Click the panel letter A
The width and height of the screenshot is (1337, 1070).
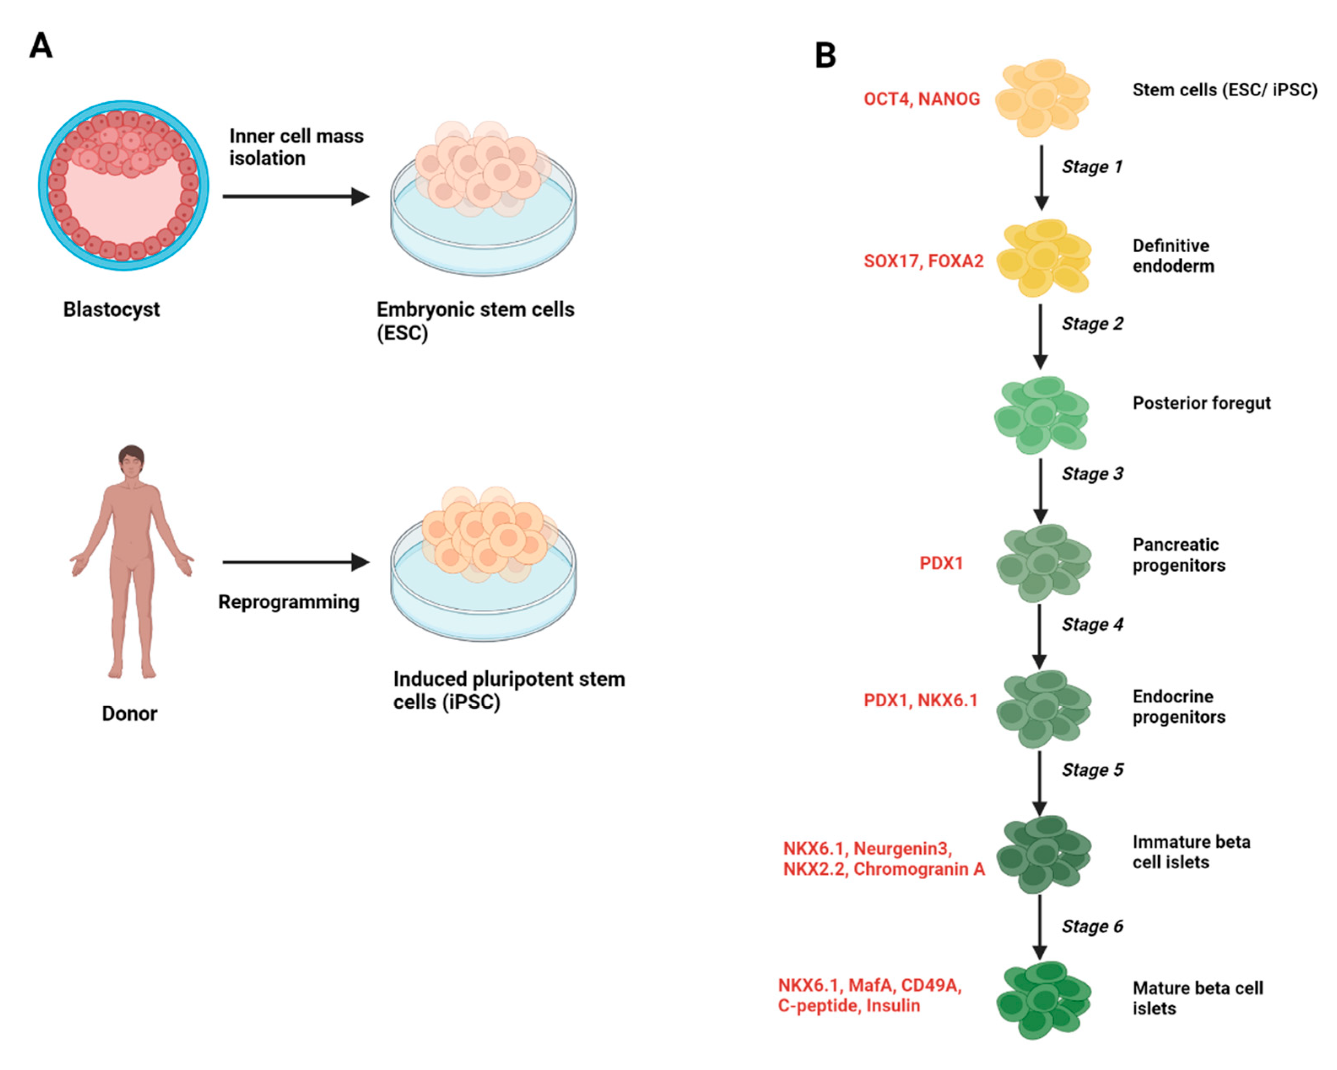pyautogui.click(x=41, y=46)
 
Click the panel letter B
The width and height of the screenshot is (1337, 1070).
pyautogui.click(x=825, y=56)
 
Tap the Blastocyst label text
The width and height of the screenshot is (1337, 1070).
pyautogui.click(x=112, y=310)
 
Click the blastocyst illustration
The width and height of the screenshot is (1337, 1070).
pyautogui.click(x=124, y=186)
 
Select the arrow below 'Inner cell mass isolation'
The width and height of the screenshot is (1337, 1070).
pyautogui.click(x=295, y=197)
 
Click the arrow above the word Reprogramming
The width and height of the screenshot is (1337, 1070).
pyautogui.click(x=295, y=562)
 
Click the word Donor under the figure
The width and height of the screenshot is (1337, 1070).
pyautogui.click(x=129, y=714)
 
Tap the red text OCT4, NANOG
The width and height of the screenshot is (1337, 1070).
pyautogui.click(x=921, y=99)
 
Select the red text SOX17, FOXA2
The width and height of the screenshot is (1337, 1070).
pyautogui.click(x=924, y=261)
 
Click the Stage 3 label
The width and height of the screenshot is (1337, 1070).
pyautogui.click(x=1092, y=474)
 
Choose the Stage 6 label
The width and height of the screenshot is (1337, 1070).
pyautogui.click(x=1092, y=926)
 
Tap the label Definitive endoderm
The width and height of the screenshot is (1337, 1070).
pyautogui.click(x=1172, y=256)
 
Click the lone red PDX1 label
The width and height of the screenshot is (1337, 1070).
pyautogui.click(x=941, y=563)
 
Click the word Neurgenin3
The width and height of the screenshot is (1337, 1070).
pyautogui.click(x=902, y=848)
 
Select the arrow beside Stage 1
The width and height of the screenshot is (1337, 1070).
pyautogui.click(x=1041, y=177)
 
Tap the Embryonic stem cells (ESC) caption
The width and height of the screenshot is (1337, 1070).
pyautogui.click(x=475, y=321)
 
